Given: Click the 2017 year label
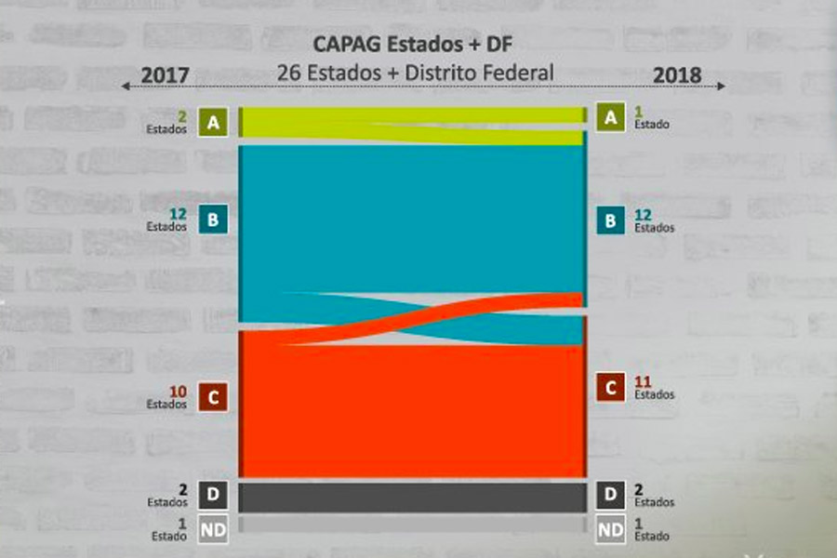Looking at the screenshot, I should pos(165,75).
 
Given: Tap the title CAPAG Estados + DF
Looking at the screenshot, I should pos(412,44).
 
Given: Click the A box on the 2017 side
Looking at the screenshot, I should pos(213,122).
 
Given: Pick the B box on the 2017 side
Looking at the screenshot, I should pos(213,220).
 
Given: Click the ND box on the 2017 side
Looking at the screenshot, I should pos(213,530).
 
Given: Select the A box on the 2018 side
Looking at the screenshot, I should pos(610,117).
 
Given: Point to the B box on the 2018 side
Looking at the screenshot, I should pos(610,221).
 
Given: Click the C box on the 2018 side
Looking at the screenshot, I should pos(610,388).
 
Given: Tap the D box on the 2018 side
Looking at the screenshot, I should pos(610,496).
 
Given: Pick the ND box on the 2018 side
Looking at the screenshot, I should pos(610,530).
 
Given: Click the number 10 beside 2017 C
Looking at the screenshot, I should pos(179,392).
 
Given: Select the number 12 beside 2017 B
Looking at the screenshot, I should pos(179,214).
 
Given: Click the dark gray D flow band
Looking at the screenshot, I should pos(412,497).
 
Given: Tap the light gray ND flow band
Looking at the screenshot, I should pos(412,525).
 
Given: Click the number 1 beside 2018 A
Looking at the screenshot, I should pos(638,112).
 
